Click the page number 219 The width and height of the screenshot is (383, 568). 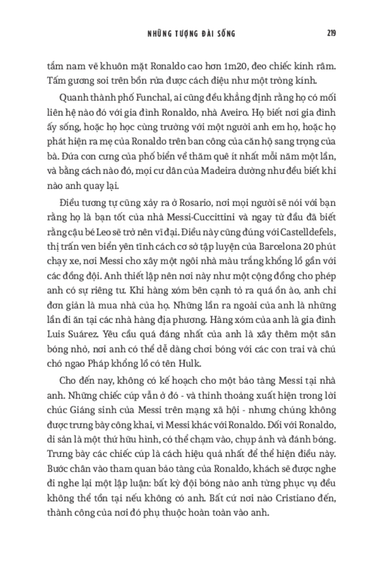click(x=331, y=34)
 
